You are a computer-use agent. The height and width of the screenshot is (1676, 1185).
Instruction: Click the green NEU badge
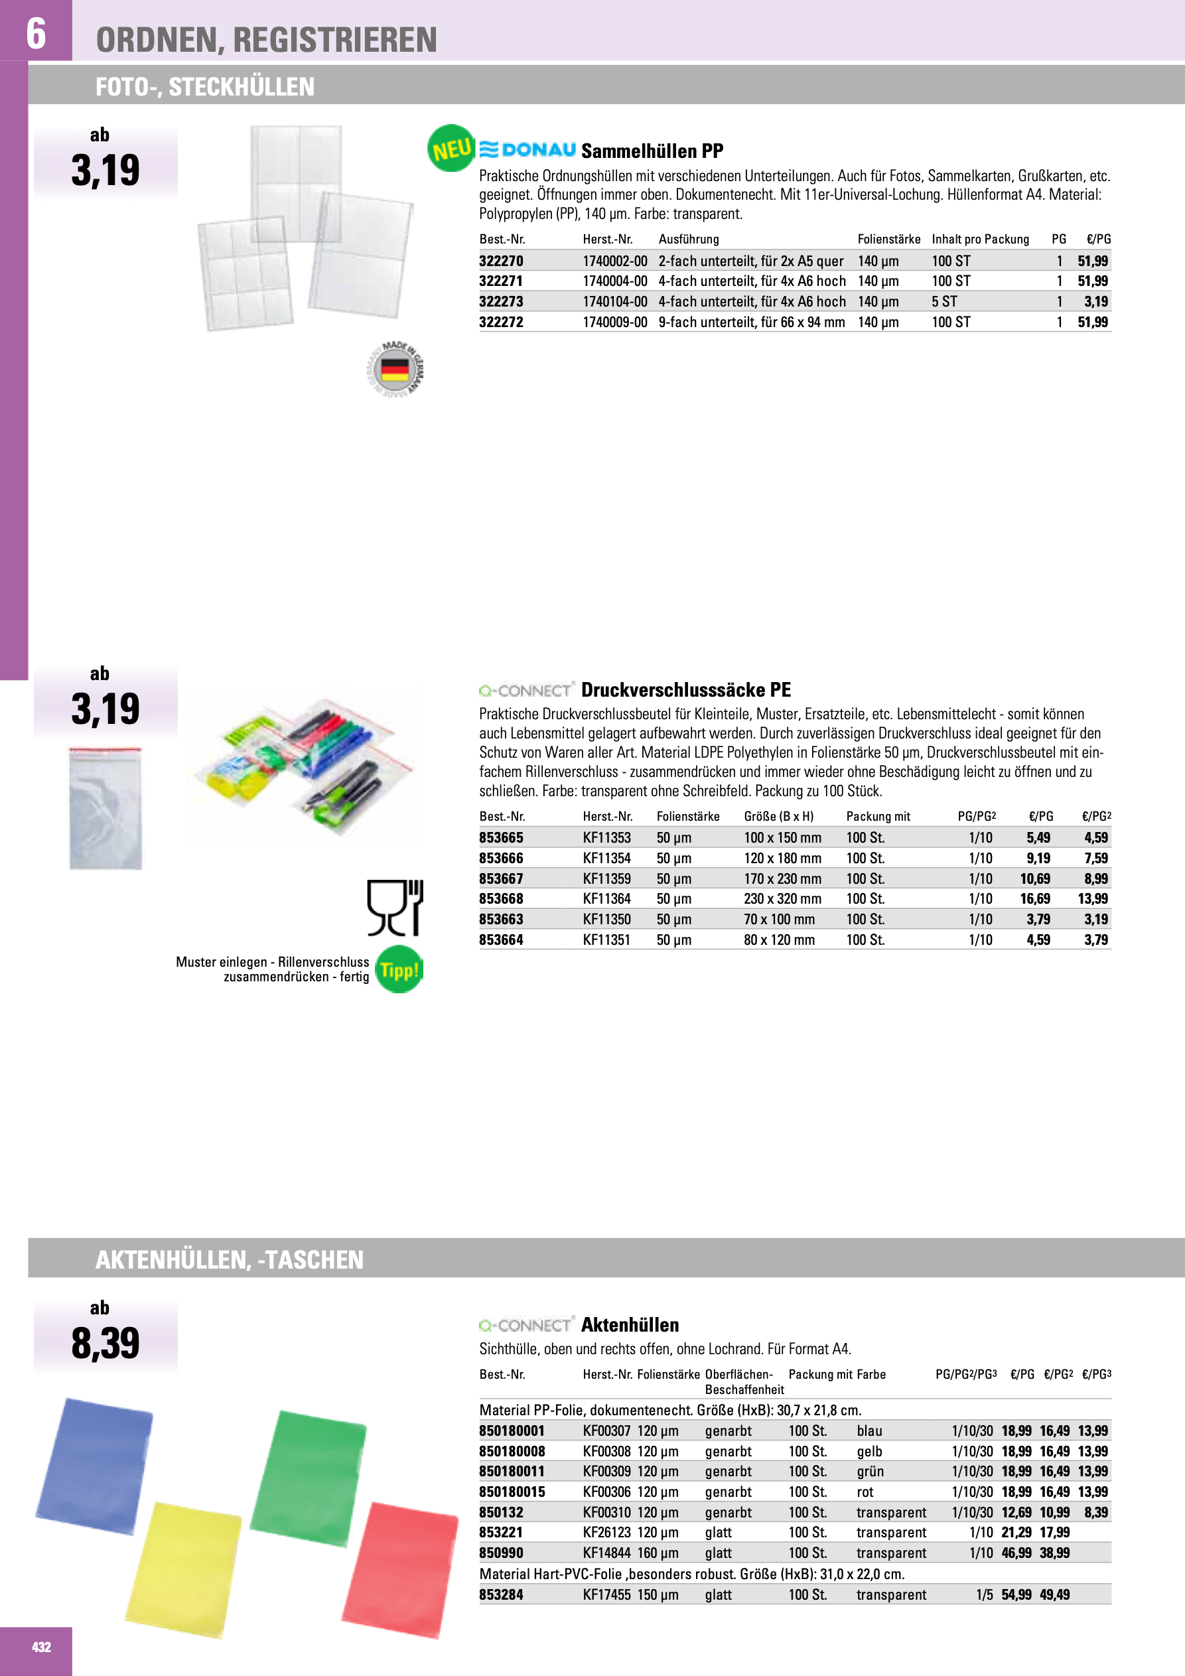point(451,149)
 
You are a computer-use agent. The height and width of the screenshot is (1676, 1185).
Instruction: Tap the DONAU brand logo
point(527,150)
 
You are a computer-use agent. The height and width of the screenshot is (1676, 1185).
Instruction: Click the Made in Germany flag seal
point(395,369)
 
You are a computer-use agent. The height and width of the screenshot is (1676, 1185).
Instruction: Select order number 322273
point(501,301)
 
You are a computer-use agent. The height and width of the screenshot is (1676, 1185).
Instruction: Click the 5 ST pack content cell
point(943,301)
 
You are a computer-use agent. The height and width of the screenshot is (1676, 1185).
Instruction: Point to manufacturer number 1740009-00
point(615,322)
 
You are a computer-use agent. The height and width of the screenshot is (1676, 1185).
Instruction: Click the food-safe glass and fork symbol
point(395,908)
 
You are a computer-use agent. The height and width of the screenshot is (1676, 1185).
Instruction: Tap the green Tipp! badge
point(399,970)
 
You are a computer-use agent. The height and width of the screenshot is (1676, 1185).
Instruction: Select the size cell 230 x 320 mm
point(782,898)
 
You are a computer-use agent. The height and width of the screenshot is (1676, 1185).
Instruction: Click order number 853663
point(501,919)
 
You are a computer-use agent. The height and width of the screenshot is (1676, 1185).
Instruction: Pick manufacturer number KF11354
point(606,858)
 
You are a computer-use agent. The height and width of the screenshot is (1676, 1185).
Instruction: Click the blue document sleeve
point(95,1466)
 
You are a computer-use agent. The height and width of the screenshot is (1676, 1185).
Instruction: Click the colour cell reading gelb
point(869,1451)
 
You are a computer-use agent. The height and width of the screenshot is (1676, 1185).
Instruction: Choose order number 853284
point(501,1594)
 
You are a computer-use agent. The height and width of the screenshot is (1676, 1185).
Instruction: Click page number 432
point(42,1647)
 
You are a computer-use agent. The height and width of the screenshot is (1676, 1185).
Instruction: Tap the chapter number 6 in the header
point(36,34)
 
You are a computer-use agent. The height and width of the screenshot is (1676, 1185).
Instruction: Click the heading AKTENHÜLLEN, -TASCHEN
point(230,1259)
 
